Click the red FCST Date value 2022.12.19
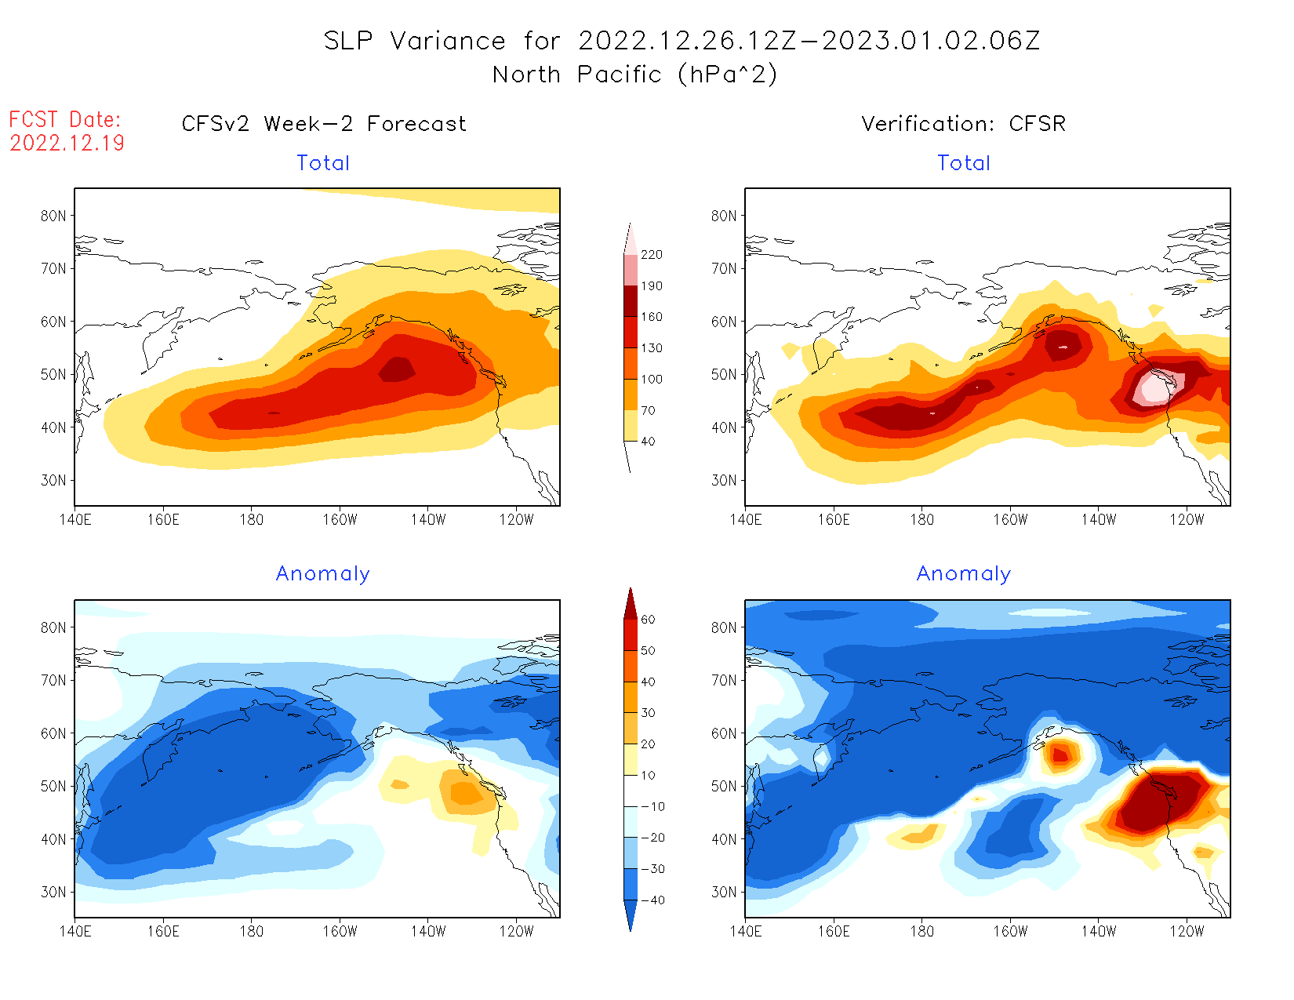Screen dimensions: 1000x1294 tap(67, 143)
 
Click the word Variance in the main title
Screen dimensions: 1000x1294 tap(448, 41)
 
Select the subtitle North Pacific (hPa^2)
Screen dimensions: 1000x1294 tap(635, 75)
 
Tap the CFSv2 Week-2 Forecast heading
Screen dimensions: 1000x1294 tap(324, 124)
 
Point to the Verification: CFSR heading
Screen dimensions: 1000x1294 tap(964, 124)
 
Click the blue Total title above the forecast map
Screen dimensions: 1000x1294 tap(323, 163)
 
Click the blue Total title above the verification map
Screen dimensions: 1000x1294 tap(964, 163)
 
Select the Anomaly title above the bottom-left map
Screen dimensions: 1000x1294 tap(323, 574)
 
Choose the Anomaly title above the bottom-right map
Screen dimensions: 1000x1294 tap(964, 574)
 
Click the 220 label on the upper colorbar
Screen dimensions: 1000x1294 tap(652, 255)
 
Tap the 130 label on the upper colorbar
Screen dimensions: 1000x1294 tap(652, 348)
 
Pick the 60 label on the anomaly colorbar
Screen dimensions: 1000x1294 tap(648, 620)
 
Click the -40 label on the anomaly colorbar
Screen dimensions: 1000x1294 tap(652, 900)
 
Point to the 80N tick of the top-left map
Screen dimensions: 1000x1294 tap(53, 216)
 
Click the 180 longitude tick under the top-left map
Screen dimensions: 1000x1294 tap(252, 519)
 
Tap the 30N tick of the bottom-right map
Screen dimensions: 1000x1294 tap(724, 893)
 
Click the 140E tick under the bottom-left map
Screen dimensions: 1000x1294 tap(75, 931)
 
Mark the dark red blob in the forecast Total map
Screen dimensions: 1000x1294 tap(398, 369)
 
